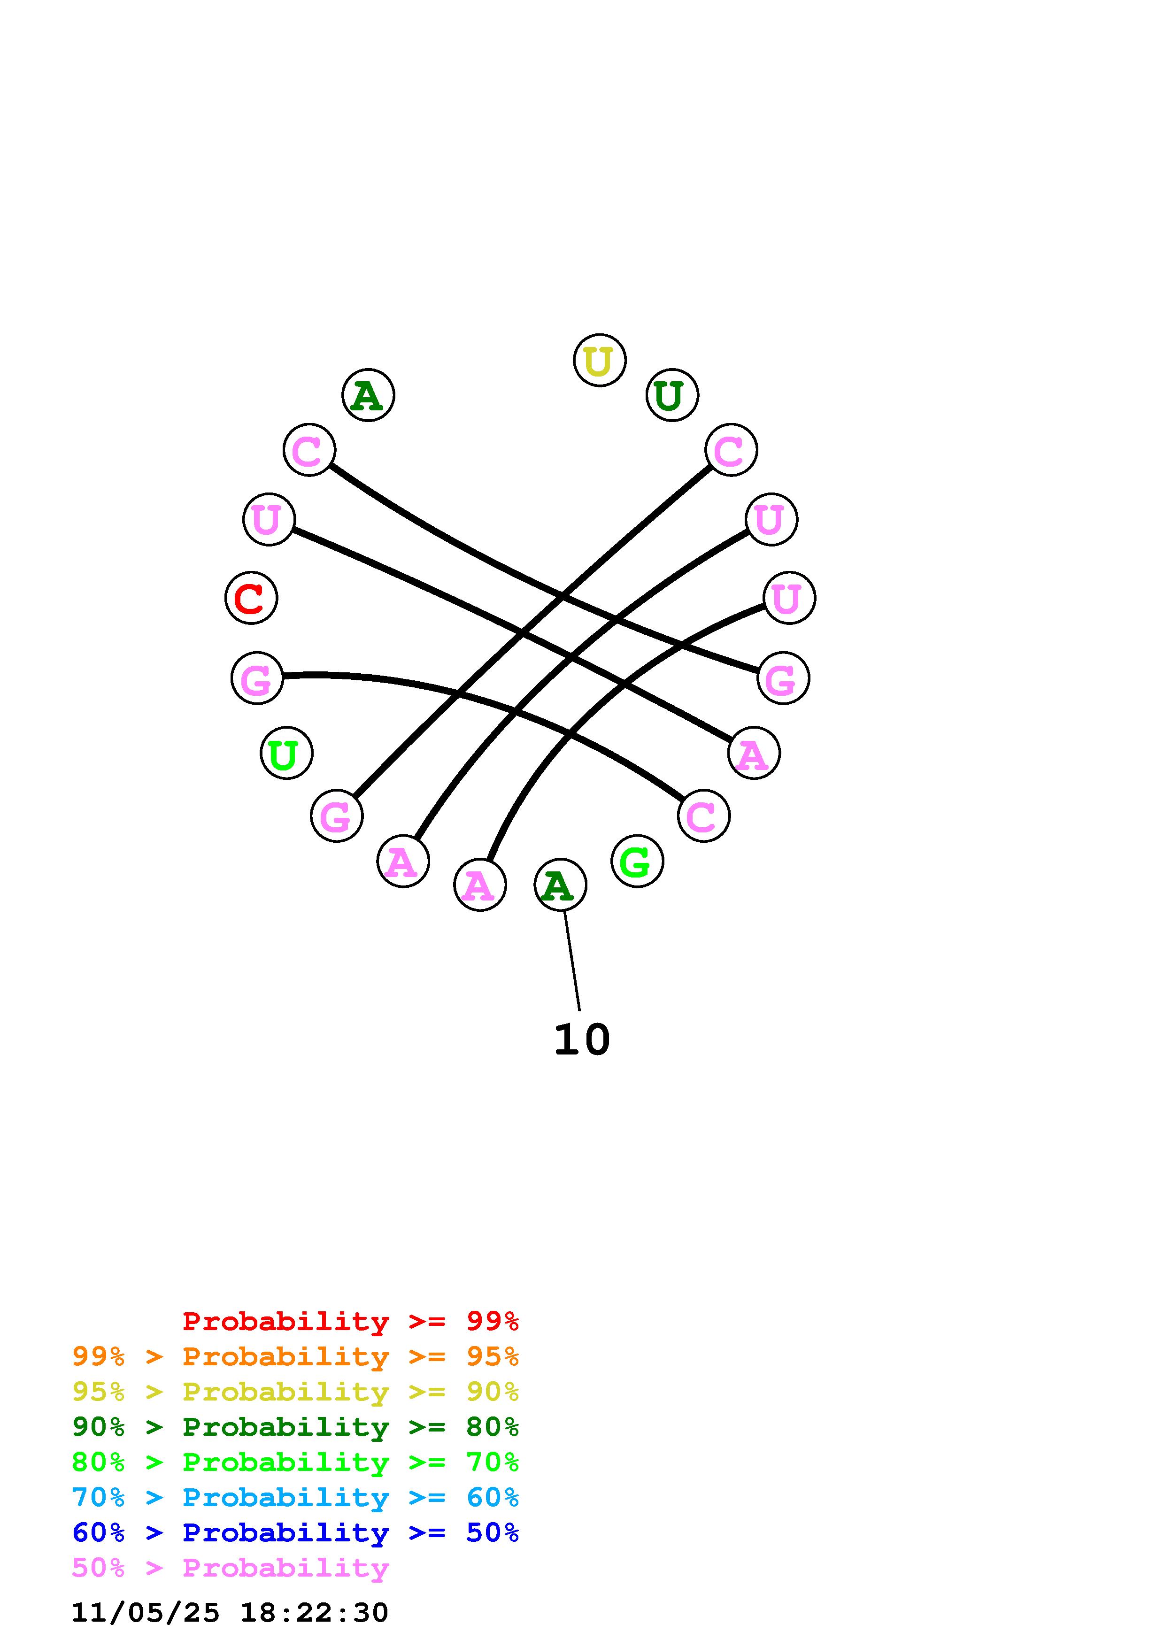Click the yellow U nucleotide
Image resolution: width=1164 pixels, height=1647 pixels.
point(600,360)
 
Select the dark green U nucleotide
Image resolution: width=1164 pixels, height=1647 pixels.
point(672,395)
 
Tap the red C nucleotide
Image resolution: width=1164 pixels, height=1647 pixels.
point(251,598)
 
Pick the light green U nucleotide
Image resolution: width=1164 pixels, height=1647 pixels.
point(286,753)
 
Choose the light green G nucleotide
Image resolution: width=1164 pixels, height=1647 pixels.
point(637,861)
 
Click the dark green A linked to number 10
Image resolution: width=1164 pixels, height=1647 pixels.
point(560,885)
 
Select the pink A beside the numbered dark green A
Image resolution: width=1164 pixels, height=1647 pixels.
point(480,885)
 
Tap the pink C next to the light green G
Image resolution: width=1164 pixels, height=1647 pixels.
point(703,816)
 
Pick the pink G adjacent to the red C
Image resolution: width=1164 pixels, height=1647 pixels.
point(257,678)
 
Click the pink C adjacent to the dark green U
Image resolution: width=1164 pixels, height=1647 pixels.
point(731,450)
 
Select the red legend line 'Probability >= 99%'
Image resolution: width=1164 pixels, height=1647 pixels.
point(351,1321)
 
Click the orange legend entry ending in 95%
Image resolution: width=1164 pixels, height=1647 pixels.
point(295,1356)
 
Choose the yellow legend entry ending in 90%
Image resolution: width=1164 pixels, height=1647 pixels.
point(295,1392)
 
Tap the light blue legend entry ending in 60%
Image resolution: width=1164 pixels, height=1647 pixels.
point(295,1497)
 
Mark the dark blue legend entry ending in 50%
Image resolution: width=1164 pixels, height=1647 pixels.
point(295,1532)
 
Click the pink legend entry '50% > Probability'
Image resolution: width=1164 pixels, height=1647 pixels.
point(230,1567)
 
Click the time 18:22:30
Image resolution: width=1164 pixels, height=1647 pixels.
point(314,1613)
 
